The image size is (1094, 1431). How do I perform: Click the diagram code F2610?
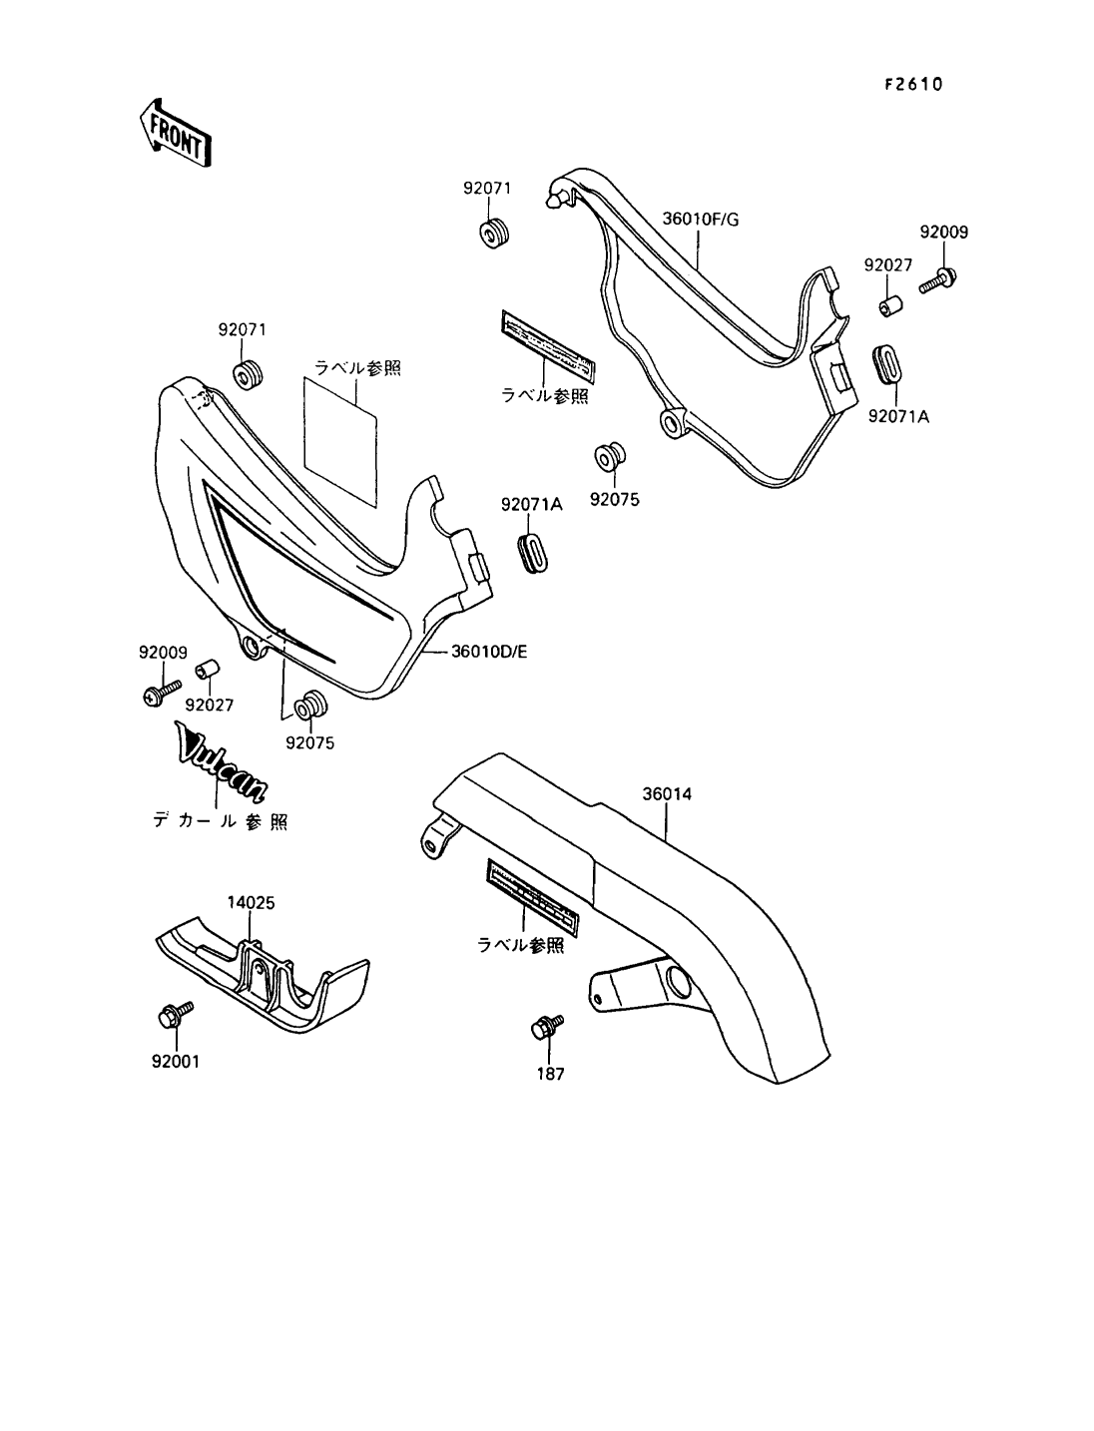[x=912, y=84]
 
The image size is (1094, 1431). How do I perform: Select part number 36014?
[x=667, y=794]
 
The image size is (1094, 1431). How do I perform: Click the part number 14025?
[x=251, y=902]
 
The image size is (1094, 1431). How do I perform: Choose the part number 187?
[x=551, y=1074]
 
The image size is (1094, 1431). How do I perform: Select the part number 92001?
[x=176, y=1062]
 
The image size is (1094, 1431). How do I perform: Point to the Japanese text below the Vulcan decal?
[x=220, y=822]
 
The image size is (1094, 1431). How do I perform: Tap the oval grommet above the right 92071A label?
[x=885, y=363]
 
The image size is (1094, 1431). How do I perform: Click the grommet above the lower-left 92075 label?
[x=310, y=705]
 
